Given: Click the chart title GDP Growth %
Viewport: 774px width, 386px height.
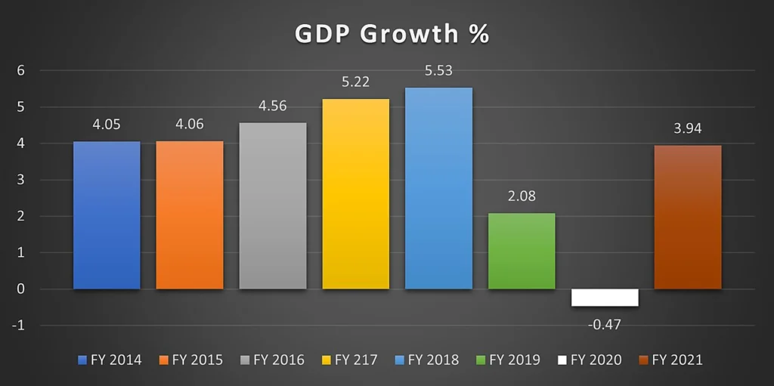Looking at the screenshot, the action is pyautogui.click(x=392, y=35).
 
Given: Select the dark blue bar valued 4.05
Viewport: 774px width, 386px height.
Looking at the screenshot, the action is pyautogui.click(x=107, y=215).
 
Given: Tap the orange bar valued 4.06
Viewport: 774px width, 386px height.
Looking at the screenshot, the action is pyautogui.click(x=190, y=215).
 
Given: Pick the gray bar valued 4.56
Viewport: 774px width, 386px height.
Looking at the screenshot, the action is pyautogui.click(x=272, y=205).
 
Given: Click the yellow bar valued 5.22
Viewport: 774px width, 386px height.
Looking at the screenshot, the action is pyautogui.click(x=355, y=194).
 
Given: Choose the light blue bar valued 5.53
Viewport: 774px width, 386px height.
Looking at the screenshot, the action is pyautogui.click(x=438, y=188).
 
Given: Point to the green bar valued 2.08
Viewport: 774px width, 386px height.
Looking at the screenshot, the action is pyautogui.click(x=522, y=251).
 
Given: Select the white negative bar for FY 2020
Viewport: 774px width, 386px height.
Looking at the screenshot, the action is pyautogui.click(x=605, y=298).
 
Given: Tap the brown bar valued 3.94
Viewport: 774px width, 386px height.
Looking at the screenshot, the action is pyautogui.click(x=688, y=218).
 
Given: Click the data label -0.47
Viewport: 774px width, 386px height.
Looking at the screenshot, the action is pyautogui.click(x=604, y=325).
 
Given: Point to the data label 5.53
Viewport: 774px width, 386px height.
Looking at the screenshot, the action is pyautogui.click(x=438, y=70).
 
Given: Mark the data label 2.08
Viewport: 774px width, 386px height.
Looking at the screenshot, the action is pyautogui.click(x=522, y=196).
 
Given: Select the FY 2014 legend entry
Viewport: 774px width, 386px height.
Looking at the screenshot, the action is pyautogui.click(x=110, y=360).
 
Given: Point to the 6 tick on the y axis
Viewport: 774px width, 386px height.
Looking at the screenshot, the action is pyautogui.click(x=20, y=70).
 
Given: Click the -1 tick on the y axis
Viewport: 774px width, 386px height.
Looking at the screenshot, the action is pyautogui.click(x=18, y=326).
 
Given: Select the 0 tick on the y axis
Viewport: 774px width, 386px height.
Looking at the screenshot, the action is pyautogui.click(x=20, y=289).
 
